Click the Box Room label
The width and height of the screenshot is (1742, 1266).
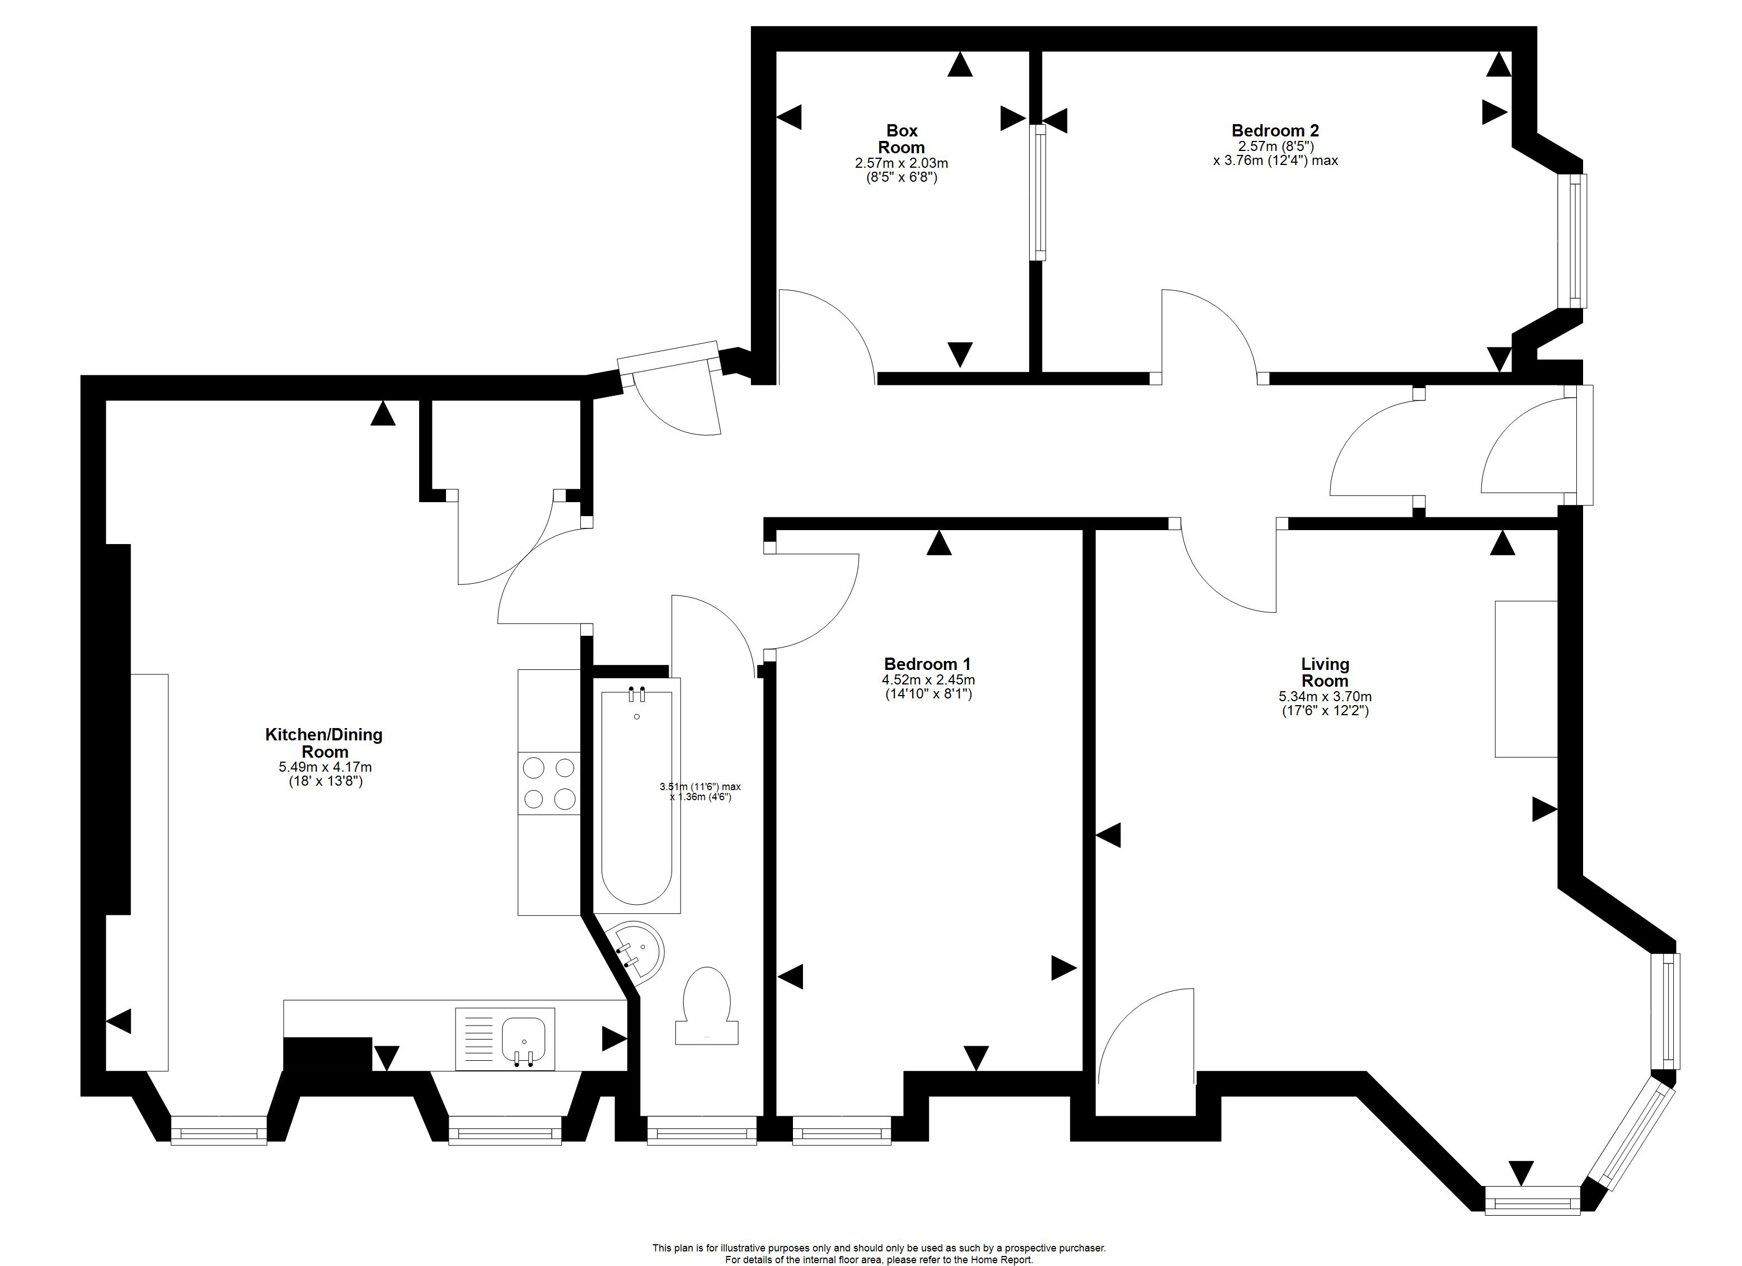(901, 139)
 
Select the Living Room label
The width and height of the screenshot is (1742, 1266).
(1325, 673)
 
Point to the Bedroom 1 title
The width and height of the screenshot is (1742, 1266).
(927, 664)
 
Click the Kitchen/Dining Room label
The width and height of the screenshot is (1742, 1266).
(324, 743)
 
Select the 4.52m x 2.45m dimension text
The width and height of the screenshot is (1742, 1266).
(928, 680)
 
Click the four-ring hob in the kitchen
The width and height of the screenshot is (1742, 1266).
(549, 783)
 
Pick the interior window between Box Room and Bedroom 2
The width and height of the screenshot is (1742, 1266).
(1037, 193)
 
